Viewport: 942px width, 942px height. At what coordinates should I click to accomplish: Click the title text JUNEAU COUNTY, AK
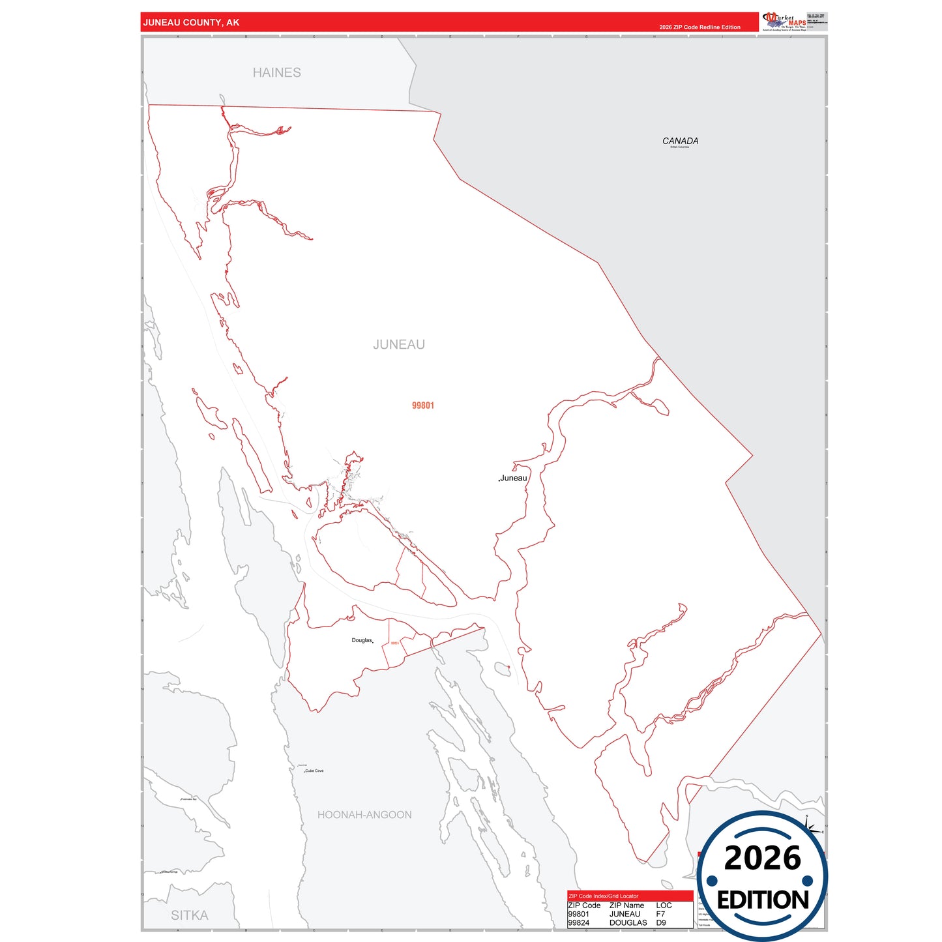point(191,23)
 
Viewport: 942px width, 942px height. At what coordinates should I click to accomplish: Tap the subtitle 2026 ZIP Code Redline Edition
point(699,27)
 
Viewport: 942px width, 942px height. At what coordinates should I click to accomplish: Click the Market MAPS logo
point(784,21)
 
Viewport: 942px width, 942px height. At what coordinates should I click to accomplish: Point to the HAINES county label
point(277,72)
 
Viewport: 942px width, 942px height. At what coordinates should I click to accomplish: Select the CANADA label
point(680,141)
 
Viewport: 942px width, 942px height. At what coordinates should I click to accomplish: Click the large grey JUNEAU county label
point(399,344)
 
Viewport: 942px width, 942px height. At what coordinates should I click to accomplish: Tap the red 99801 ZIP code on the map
point(423,405)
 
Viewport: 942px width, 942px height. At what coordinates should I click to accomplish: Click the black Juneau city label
point(514,478)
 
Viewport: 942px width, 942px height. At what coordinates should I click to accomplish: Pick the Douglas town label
point(362,640)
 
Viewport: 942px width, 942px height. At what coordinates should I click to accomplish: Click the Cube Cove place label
point(314,771)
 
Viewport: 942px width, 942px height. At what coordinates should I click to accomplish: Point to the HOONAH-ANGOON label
point(364,815)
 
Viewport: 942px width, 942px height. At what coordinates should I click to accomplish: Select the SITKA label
point(190,915)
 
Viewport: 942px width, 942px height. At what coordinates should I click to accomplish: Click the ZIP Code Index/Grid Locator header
point(604,896)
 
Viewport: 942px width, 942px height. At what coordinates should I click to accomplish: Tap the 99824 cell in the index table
point(579,922)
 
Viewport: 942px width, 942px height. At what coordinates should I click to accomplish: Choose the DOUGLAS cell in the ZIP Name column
point(628,922)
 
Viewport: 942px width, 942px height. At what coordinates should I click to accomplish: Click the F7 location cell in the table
point(661,914)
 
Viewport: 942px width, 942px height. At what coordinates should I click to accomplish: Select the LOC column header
point(664,905)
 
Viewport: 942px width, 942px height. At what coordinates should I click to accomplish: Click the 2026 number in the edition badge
point(762,859)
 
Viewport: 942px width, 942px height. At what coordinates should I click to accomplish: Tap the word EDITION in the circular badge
point(763,900)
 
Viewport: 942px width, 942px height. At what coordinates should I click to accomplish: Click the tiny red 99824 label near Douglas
point(395,643)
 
